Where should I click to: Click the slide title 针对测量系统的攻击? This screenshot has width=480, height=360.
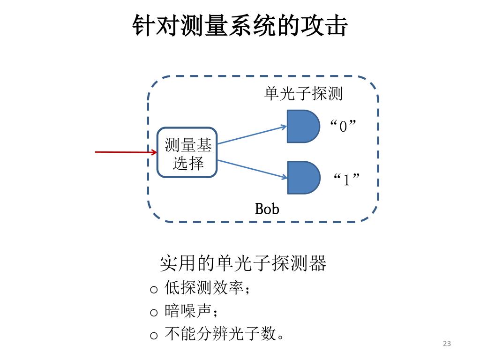click(240, 26)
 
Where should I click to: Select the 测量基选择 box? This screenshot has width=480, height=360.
click(187, 153)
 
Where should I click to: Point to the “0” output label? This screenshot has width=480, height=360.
click(344, 126)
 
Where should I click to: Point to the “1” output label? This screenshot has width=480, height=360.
click(347, 179)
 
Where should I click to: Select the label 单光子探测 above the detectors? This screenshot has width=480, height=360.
click(303, 94)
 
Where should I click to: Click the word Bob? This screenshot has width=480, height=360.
click(267, 209)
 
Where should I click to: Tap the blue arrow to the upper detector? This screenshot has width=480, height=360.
click(252, 135)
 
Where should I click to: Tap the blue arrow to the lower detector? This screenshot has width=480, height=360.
click(252, 169)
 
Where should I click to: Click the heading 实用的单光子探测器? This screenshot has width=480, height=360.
click(243, 263)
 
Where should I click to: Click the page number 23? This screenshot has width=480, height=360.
click(447, 344)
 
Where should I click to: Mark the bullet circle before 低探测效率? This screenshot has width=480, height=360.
click(154, 289)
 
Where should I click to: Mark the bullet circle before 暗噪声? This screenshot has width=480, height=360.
click(154, 313)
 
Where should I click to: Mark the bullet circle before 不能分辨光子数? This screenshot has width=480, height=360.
click(154, 336)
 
